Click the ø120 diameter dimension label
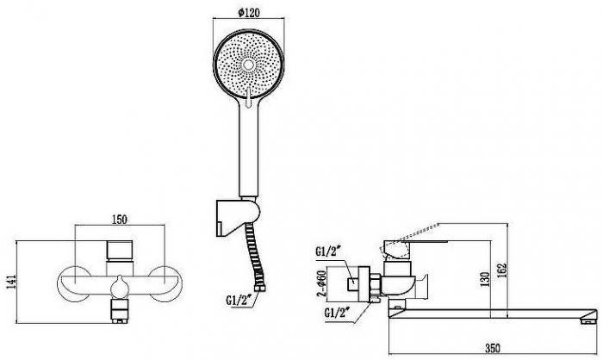pos(249,13)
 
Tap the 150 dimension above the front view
pos(119,220)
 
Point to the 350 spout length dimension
pos(493,349)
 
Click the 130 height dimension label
pos(485,280)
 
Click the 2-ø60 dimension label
pos(321,285)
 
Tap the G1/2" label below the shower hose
pos(239,300)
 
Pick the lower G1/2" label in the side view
pos(338,313)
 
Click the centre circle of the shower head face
pos(249,65)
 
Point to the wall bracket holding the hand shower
pos(237,217)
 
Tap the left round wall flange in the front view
pos(74,284)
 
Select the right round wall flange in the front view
pos(165,284)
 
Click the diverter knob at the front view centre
pos(119,288)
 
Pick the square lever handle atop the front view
pos(120,250)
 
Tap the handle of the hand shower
pos(249,150)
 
